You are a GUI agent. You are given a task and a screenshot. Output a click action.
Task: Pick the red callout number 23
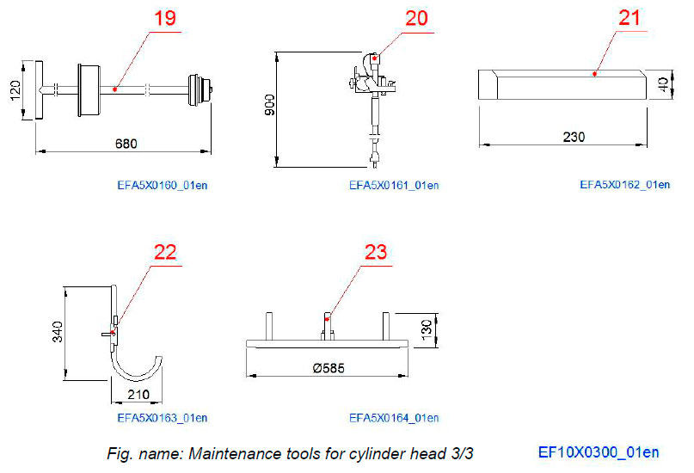coord(375,252)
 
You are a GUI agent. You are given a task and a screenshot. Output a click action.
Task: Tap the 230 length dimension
coord(562,137)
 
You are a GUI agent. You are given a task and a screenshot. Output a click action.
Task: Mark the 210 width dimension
coord(137,394)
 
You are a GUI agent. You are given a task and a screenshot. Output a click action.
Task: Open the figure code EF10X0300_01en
coord(599,451)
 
